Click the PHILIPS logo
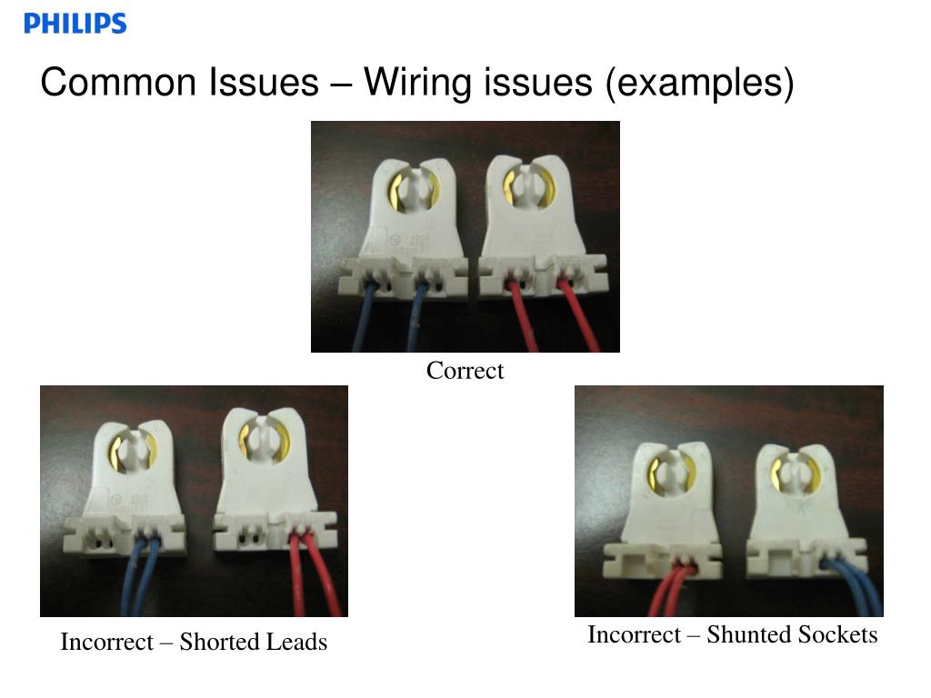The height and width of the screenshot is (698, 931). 75,24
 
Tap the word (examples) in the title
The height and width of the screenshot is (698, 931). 700,83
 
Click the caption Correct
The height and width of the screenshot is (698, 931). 465,371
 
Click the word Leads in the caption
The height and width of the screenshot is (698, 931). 295,642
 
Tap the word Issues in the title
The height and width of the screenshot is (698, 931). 263,83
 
